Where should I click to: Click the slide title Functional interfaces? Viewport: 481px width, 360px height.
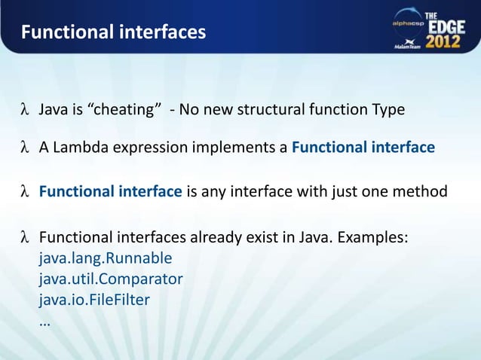(112, 33)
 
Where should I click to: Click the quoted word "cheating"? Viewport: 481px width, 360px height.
(125, 110)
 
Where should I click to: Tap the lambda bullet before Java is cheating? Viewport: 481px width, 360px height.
(25, 111)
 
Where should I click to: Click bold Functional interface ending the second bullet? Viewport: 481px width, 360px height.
(363, 148)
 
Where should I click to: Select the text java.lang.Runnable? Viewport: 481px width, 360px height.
(106, 258)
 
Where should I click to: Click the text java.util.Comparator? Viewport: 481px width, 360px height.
(111, 279)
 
